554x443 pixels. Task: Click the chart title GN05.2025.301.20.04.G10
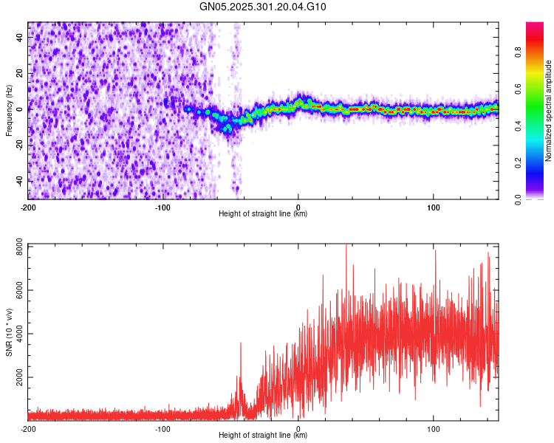click(x=263, y=7)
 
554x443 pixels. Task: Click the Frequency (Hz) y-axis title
click(x=9, y=109)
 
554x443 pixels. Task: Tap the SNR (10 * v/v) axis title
click(x=9, y=331)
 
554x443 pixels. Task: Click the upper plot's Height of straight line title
click(x=263, y=213)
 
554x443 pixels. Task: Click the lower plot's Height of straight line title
click(x=263, y=435)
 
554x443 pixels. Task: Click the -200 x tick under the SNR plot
click(x=28, y=428)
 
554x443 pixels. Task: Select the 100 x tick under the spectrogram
click(x=434, y=207)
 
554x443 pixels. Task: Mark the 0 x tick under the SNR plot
click(x=298, y=428)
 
